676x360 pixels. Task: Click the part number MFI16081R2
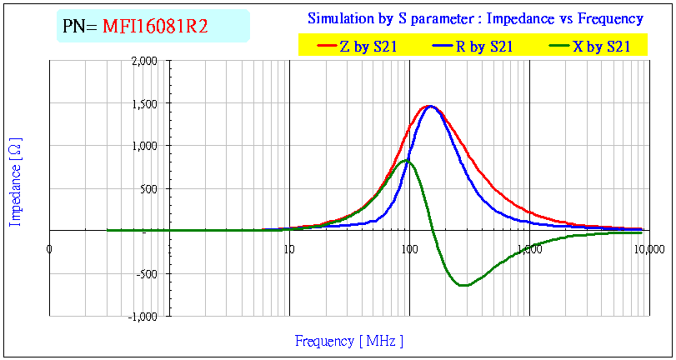click(x=154, y=27)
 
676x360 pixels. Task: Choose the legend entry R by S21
click(x=483, y=47)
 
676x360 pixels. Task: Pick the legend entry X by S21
click(x=601, y=47)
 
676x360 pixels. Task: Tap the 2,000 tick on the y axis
click(x=143, y=61)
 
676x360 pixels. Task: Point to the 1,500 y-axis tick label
click(x=143, y=103)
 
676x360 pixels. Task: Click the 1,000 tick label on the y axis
click(x=143, y=146)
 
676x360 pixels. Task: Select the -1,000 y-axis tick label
click(x=143, y=316)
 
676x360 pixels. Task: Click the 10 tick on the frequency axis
click(x=288, y=248)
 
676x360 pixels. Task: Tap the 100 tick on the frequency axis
click(x=408, y=248)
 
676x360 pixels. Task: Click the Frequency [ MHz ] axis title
click(x=349, y=341)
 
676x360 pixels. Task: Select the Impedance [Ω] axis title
click(x=15, y=182)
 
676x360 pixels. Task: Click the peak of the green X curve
click(x=406, y=160)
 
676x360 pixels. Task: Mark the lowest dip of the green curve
click(x=463, y=286)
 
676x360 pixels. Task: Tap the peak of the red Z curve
click(x=429, y=106)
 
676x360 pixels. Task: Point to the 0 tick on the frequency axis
click(x=50, y=248)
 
